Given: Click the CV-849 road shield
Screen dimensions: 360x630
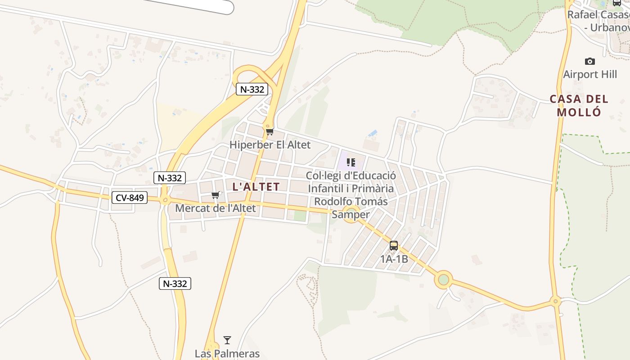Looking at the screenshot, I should click(x=130, y=197).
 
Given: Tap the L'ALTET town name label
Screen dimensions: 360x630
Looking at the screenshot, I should click(x=256, y=186).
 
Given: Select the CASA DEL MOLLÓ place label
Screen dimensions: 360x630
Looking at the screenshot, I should click(x=579, y=105).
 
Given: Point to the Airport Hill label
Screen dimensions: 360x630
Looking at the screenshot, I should click(x=590, y=74).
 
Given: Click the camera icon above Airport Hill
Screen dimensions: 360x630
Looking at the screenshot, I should click(x=589, y=61).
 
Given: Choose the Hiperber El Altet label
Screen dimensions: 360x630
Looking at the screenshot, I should click(x=270, y=145).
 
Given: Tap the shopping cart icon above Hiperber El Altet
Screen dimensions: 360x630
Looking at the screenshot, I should click(x=270, y=131).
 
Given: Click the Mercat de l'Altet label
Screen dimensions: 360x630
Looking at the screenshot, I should click(x=215, y=208).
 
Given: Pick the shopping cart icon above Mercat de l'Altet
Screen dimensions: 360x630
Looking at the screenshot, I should click(x=216, y=195).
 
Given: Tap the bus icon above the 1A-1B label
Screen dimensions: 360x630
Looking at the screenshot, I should click(x=394, y=246).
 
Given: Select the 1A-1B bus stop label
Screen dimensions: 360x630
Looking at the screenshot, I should click(x=394, y=259).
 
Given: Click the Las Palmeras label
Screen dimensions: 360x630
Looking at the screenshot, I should click(x=227, y=353).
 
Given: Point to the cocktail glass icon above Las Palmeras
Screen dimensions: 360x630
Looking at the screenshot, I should click(x=227, y=340).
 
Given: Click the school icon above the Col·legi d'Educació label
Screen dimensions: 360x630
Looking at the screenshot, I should click(x=351, y=162).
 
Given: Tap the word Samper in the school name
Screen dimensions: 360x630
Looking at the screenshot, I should click(x=351, y=215).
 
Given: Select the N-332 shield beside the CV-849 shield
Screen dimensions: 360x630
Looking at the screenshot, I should click(x=169, y=178).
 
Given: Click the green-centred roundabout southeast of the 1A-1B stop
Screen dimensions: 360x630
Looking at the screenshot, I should click(x=444, y=279).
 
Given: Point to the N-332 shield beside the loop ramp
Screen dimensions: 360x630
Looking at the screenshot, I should click(x=252, y=89).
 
